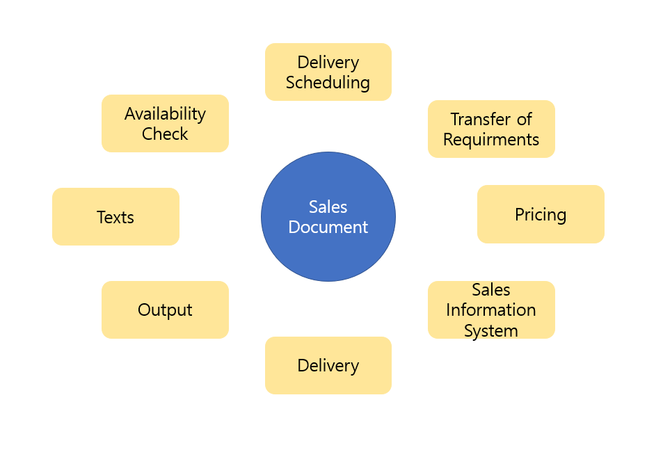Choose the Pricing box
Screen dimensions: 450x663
click(541, 214)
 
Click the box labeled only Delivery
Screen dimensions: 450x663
click(328, 365)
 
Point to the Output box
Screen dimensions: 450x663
click(165, 310)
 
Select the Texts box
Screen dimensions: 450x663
click(115, 217)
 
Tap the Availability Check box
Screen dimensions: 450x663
click(165, 123)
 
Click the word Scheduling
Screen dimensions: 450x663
click(328, 82)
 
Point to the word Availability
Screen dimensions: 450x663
click(165, 113)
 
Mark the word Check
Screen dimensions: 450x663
click(165, 134)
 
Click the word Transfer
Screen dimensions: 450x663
click(481, 119)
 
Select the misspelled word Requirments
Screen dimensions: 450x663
click(491, 139)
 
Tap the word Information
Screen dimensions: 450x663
click(491, 310)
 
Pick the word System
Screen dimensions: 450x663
click(491, 330)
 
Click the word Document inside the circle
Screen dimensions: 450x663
click(328, 227)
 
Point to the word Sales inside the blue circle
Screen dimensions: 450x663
click(328, 207)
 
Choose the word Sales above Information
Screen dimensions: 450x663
click(491, 289)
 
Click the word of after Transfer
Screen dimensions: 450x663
click(525, 119)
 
